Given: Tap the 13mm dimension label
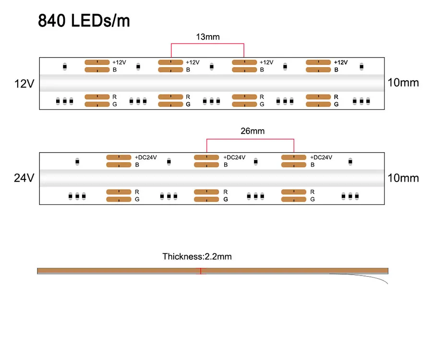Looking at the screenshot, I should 207,36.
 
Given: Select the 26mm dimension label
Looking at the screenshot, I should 252,131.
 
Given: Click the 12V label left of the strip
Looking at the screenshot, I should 24,84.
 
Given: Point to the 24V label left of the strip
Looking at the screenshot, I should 24,178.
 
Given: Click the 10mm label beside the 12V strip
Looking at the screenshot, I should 403,83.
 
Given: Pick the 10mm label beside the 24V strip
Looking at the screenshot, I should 403,178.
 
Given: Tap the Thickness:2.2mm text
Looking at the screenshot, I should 197,256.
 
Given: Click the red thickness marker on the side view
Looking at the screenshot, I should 201,271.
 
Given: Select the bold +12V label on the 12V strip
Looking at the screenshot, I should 340,62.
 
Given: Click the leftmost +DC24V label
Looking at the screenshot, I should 146,157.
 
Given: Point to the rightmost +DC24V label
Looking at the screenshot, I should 321,157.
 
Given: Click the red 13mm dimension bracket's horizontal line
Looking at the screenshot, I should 207,44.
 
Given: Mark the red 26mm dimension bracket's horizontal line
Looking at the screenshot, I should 250,139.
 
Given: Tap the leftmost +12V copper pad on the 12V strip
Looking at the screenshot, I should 97,62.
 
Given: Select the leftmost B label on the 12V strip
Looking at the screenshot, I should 114,70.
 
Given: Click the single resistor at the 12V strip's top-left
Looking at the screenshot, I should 65,66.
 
